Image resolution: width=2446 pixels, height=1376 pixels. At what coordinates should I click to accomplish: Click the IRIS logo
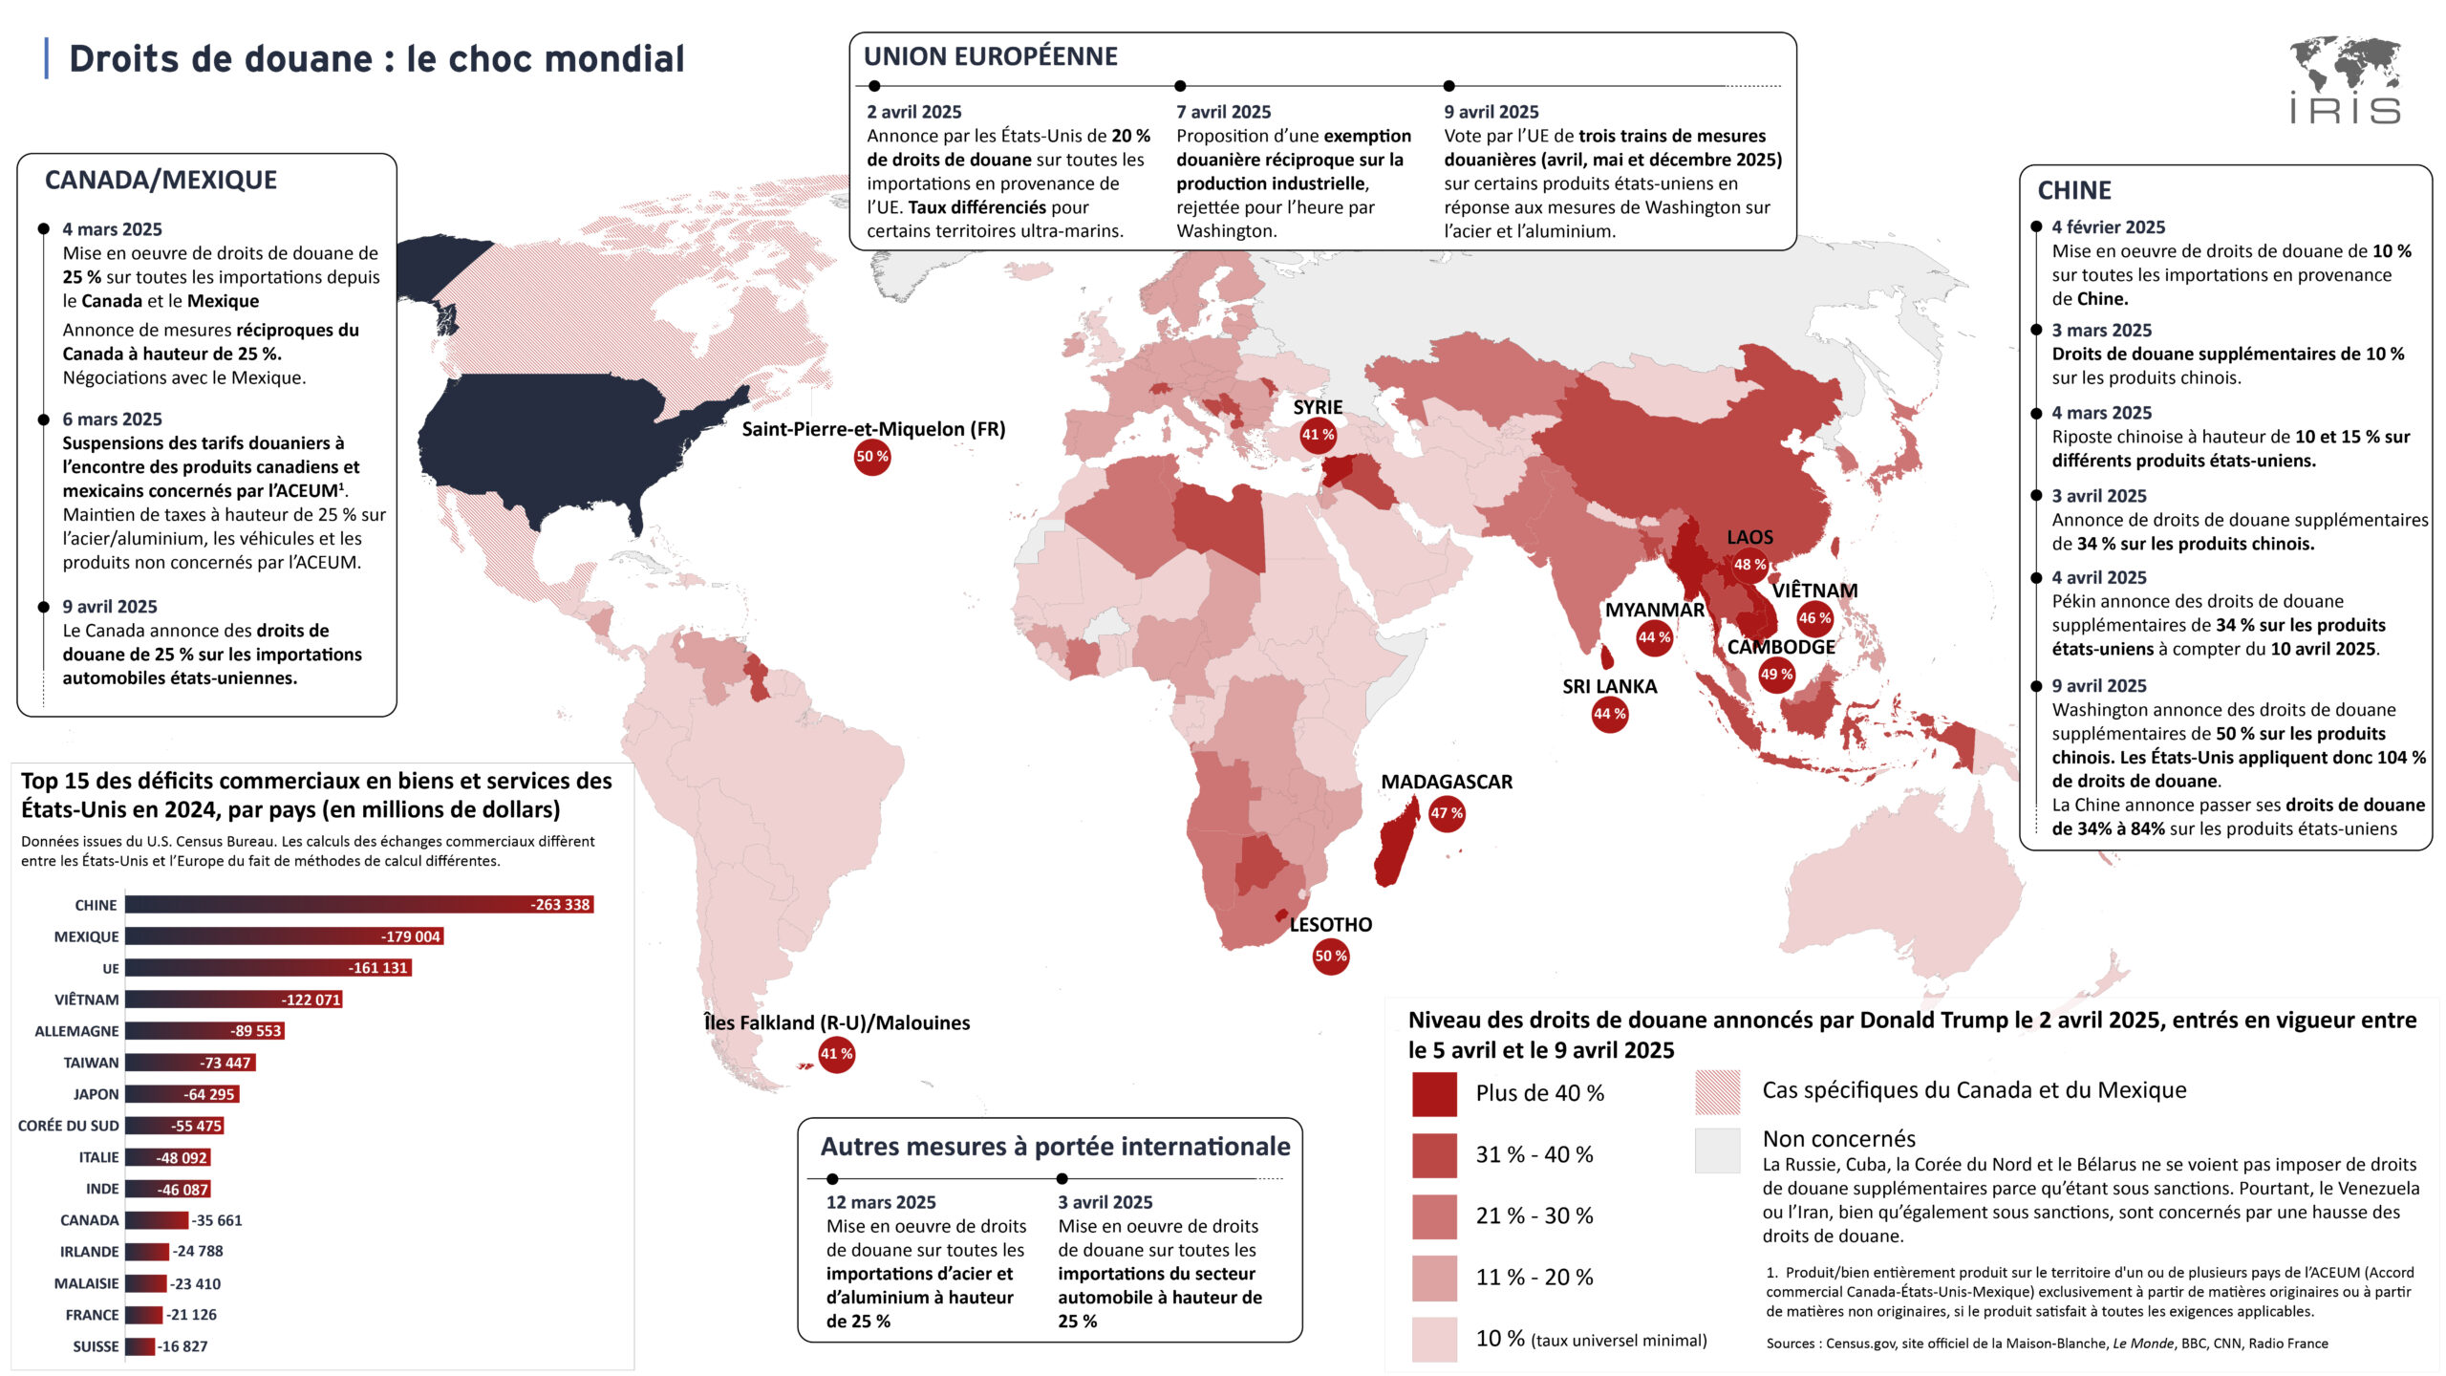[2345, 80]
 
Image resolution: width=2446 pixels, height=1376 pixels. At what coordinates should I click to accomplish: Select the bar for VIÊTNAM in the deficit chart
[233, 1000]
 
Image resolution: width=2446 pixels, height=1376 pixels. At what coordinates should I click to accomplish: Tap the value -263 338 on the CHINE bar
[561, 905]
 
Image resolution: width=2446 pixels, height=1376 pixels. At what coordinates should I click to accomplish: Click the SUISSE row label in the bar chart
[96, 1346]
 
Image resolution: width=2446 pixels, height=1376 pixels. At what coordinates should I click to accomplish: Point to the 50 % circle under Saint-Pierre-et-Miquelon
[872, 457]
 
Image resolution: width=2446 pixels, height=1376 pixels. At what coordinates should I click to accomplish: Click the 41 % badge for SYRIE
[1318, 435]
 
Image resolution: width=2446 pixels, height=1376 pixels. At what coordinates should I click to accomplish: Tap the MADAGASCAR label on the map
[1447, 782]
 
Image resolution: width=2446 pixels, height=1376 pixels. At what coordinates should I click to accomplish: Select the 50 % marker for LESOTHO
[1330, 956]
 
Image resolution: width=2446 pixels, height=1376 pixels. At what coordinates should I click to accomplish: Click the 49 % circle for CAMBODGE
[1776, 675]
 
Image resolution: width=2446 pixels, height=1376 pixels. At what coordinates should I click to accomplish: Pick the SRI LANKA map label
[1609, 686]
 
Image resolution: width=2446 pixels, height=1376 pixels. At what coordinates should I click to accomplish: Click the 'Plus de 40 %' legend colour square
[1434, 1094]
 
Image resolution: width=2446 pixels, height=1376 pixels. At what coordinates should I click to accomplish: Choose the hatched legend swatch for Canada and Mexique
[1717, 1092]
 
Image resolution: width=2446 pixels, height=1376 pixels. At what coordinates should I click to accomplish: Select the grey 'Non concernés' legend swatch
[1717, 1150]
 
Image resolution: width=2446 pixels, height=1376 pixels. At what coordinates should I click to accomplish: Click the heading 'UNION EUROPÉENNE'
[990, 56]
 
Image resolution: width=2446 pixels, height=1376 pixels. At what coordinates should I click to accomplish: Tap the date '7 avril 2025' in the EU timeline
[1223, 112]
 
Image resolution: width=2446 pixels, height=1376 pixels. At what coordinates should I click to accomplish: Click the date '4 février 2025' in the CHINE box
[2108, 227]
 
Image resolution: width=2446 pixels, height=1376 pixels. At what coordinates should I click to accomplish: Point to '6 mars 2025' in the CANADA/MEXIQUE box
[112, 419]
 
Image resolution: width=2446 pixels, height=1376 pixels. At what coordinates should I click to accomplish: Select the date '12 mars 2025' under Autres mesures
[881, 1202]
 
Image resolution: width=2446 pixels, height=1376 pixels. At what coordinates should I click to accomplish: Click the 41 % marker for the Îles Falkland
[836, 1054]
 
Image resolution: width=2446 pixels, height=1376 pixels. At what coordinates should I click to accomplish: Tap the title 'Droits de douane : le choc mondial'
[376, 59]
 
